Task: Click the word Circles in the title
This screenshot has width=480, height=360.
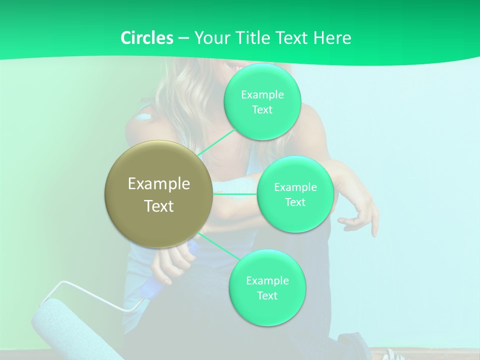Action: (146, 38)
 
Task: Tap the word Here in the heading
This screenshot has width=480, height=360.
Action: (332, 38)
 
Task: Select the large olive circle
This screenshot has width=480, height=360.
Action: (159, 194)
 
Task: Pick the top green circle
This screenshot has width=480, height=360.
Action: (262, 101)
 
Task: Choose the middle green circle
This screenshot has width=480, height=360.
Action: (295, 194)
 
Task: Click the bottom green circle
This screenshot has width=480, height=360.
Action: (267, 287)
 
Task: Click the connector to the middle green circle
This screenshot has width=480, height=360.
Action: (235, 193)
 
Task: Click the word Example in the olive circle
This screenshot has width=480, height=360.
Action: (159, 184)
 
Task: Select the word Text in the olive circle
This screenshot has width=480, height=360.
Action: (159, 206)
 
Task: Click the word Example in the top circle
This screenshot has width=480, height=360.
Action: (262, 94)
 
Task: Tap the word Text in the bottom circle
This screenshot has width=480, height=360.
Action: (267, 295)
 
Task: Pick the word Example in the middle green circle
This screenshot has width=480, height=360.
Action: (295, 187)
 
